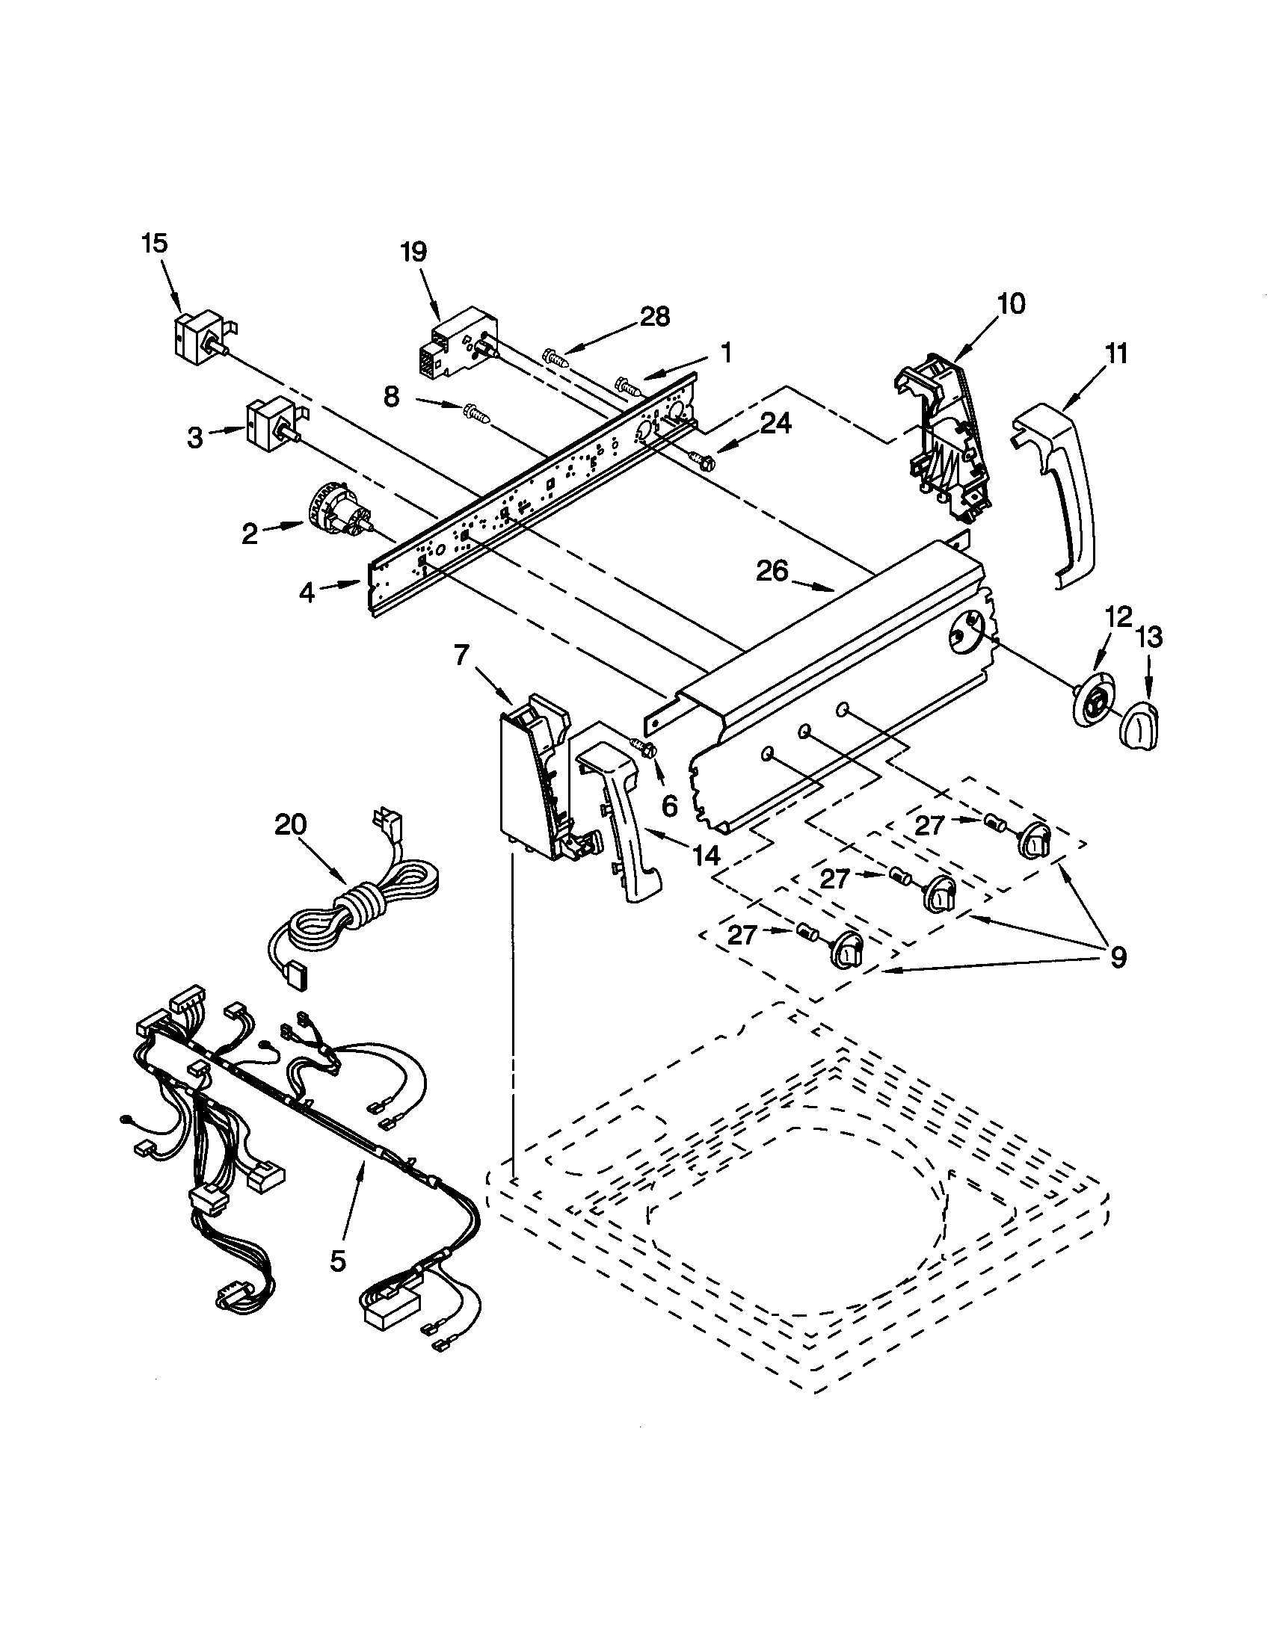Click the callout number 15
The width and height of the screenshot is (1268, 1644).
pyautogui.click(x=155, y=244)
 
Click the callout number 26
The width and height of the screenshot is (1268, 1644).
pyautogui.click(x=772, y=572)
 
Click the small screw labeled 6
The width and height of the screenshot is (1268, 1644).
pyautogui.click(x=644, y=747)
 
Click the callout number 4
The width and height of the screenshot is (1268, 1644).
pyautogui.click(x=307, y=593)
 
